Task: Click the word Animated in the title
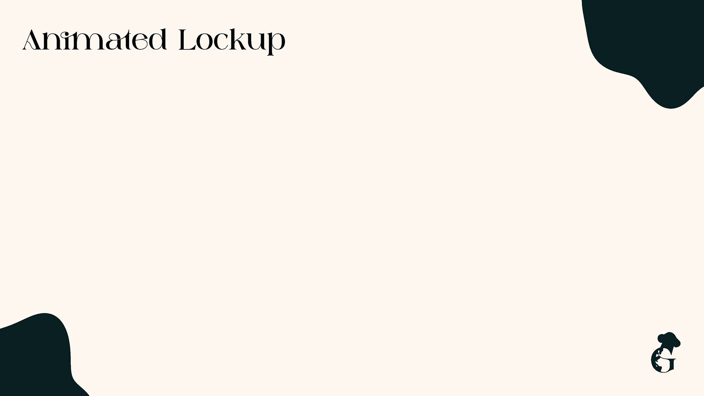tap(95, 40)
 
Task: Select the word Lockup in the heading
tap(232, 41)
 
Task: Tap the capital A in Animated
tap(31, 40)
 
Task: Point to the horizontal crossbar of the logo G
tap(670, 360)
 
